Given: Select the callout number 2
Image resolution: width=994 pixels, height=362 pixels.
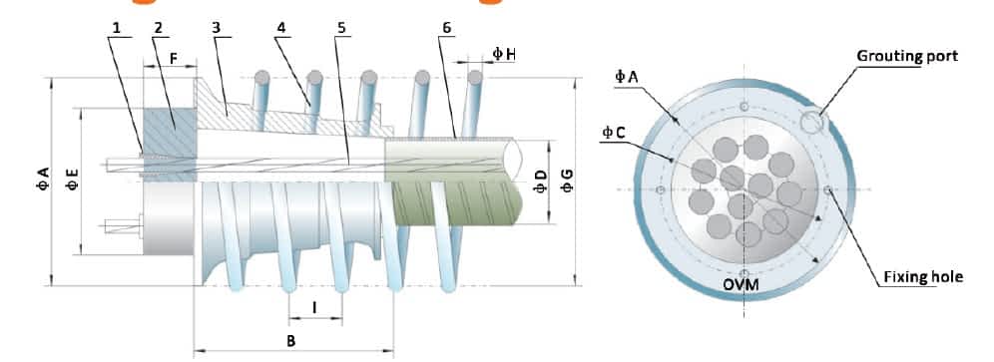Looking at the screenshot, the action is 159,29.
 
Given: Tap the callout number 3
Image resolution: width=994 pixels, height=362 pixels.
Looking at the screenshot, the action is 217,29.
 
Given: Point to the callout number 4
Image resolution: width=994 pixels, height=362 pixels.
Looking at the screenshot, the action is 280,29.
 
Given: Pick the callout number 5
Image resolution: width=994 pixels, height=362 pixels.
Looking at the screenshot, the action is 342,29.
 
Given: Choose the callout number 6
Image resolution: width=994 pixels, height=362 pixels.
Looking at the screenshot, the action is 447,29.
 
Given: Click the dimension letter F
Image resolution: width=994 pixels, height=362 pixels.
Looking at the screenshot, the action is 173,57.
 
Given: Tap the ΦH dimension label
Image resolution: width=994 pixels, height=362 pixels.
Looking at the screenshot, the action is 504,55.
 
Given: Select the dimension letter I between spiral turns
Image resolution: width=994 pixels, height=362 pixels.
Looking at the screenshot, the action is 315,307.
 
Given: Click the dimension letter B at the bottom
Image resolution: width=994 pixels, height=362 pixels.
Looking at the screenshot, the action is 291,341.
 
